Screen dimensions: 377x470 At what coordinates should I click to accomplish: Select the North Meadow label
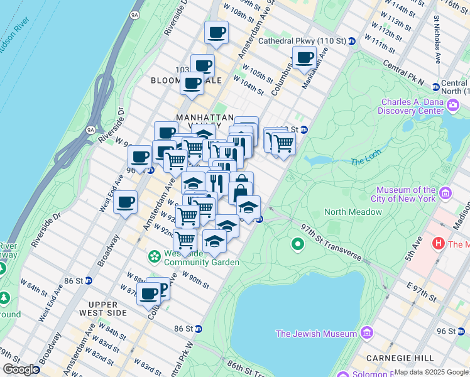pyautogui.click(x=352, y=212)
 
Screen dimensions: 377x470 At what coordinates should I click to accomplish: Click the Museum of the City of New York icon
pyautogui.click(x=446, y=191)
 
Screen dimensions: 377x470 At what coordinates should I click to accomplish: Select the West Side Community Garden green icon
pyautogui.click(x=154, y=256)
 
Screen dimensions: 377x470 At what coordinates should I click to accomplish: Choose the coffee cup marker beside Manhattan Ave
pyautogui.click(x=305, y=58)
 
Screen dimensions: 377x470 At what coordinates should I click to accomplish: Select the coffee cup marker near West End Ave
pyautogui.click(x=126, y=202)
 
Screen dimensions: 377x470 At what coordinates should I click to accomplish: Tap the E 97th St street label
pyautogui.click(x=412, y=292)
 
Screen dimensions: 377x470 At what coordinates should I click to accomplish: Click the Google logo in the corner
pyautogui.click(x=21, y=369)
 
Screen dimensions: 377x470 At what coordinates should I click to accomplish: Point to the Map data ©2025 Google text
pyautogui.click(x=431, y=372)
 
